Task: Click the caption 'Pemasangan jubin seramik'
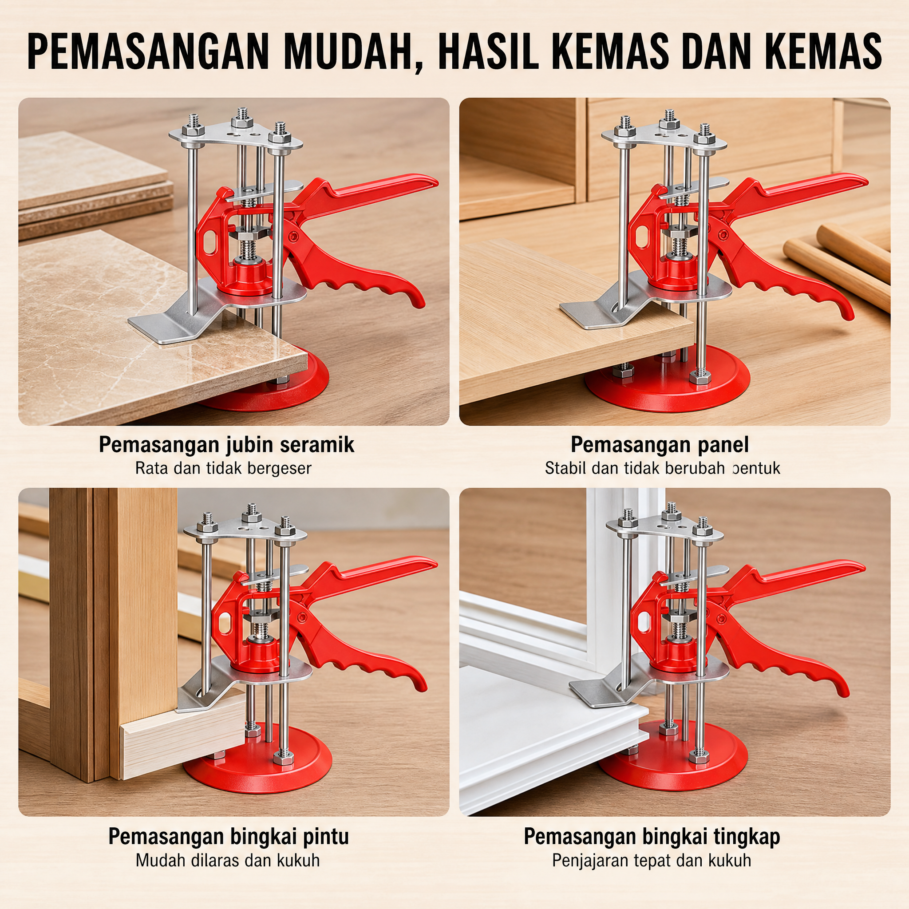[x=226, y=445]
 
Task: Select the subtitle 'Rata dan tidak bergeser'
[x=224, y=469]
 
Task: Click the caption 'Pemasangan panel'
[x=660, y=445]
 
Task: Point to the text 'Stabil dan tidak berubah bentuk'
[x=663, y=469]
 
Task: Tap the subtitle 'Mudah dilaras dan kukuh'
[x=228, y=861]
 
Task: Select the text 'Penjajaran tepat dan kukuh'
[x=652, y=861]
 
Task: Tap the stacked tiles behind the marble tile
[x=94, y=183]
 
